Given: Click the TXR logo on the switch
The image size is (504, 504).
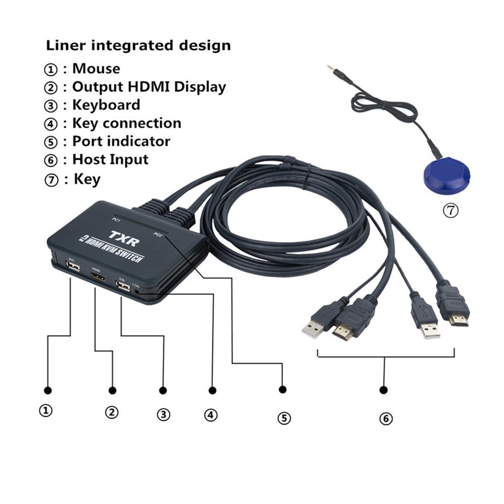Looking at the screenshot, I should click(x=124, y=235).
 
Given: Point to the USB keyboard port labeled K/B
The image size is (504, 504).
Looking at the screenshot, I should click(x=122, y=287).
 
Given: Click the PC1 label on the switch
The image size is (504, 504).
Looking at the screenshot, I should click(x=116, y=220).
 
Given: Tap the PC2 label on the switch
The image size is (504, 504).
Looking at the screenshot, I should click(x=158, y=234).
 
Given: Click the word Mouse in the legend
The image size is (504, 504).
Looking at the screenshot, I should click(x=96, y=69).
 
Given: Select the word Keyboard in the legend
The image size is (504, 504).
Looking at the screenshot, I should click(x=106, y=105).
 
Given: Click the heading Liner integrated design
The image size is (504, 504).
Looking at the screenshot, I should click(x=139, y=45).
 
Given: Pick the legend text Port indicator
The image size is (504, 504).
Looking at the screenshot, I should click(x=121, y=141).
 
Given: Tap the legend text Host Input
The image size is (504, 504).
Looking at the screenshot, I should click(x=110, y=159).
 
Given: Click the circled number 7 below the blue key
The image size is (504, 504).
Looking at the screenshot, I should click(x=451, y=211).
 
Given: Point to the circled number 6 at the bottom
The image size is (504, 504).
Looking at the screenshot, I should click(x=386, y=418).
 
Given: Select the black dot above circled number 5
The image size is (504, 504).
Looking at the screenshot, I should click(x=283, y=390).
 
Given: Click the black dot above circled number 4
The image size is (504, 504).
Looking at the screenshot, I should click(x=212, y=390).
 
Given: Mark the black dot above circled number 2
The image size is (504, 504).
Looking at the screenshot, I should click(x=112, y=390).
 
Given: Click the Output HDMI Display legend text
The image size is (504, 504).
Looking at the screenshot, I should click(x=149, y=87).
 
